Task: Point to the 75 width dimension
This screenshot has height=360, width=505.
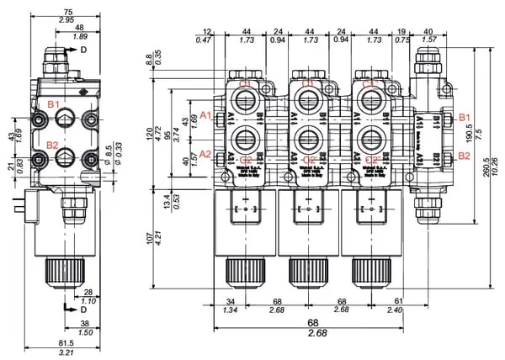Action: [67, 11]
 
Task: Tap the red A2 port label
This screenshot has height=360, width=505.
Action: [205, 154]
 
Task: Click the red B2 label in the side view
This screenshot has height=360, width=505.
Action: [52, 145]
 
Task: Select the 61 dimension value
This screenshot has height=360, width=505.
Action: [399, 301]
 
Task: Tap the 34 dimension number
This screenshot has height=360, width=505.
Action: [231, 301]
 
